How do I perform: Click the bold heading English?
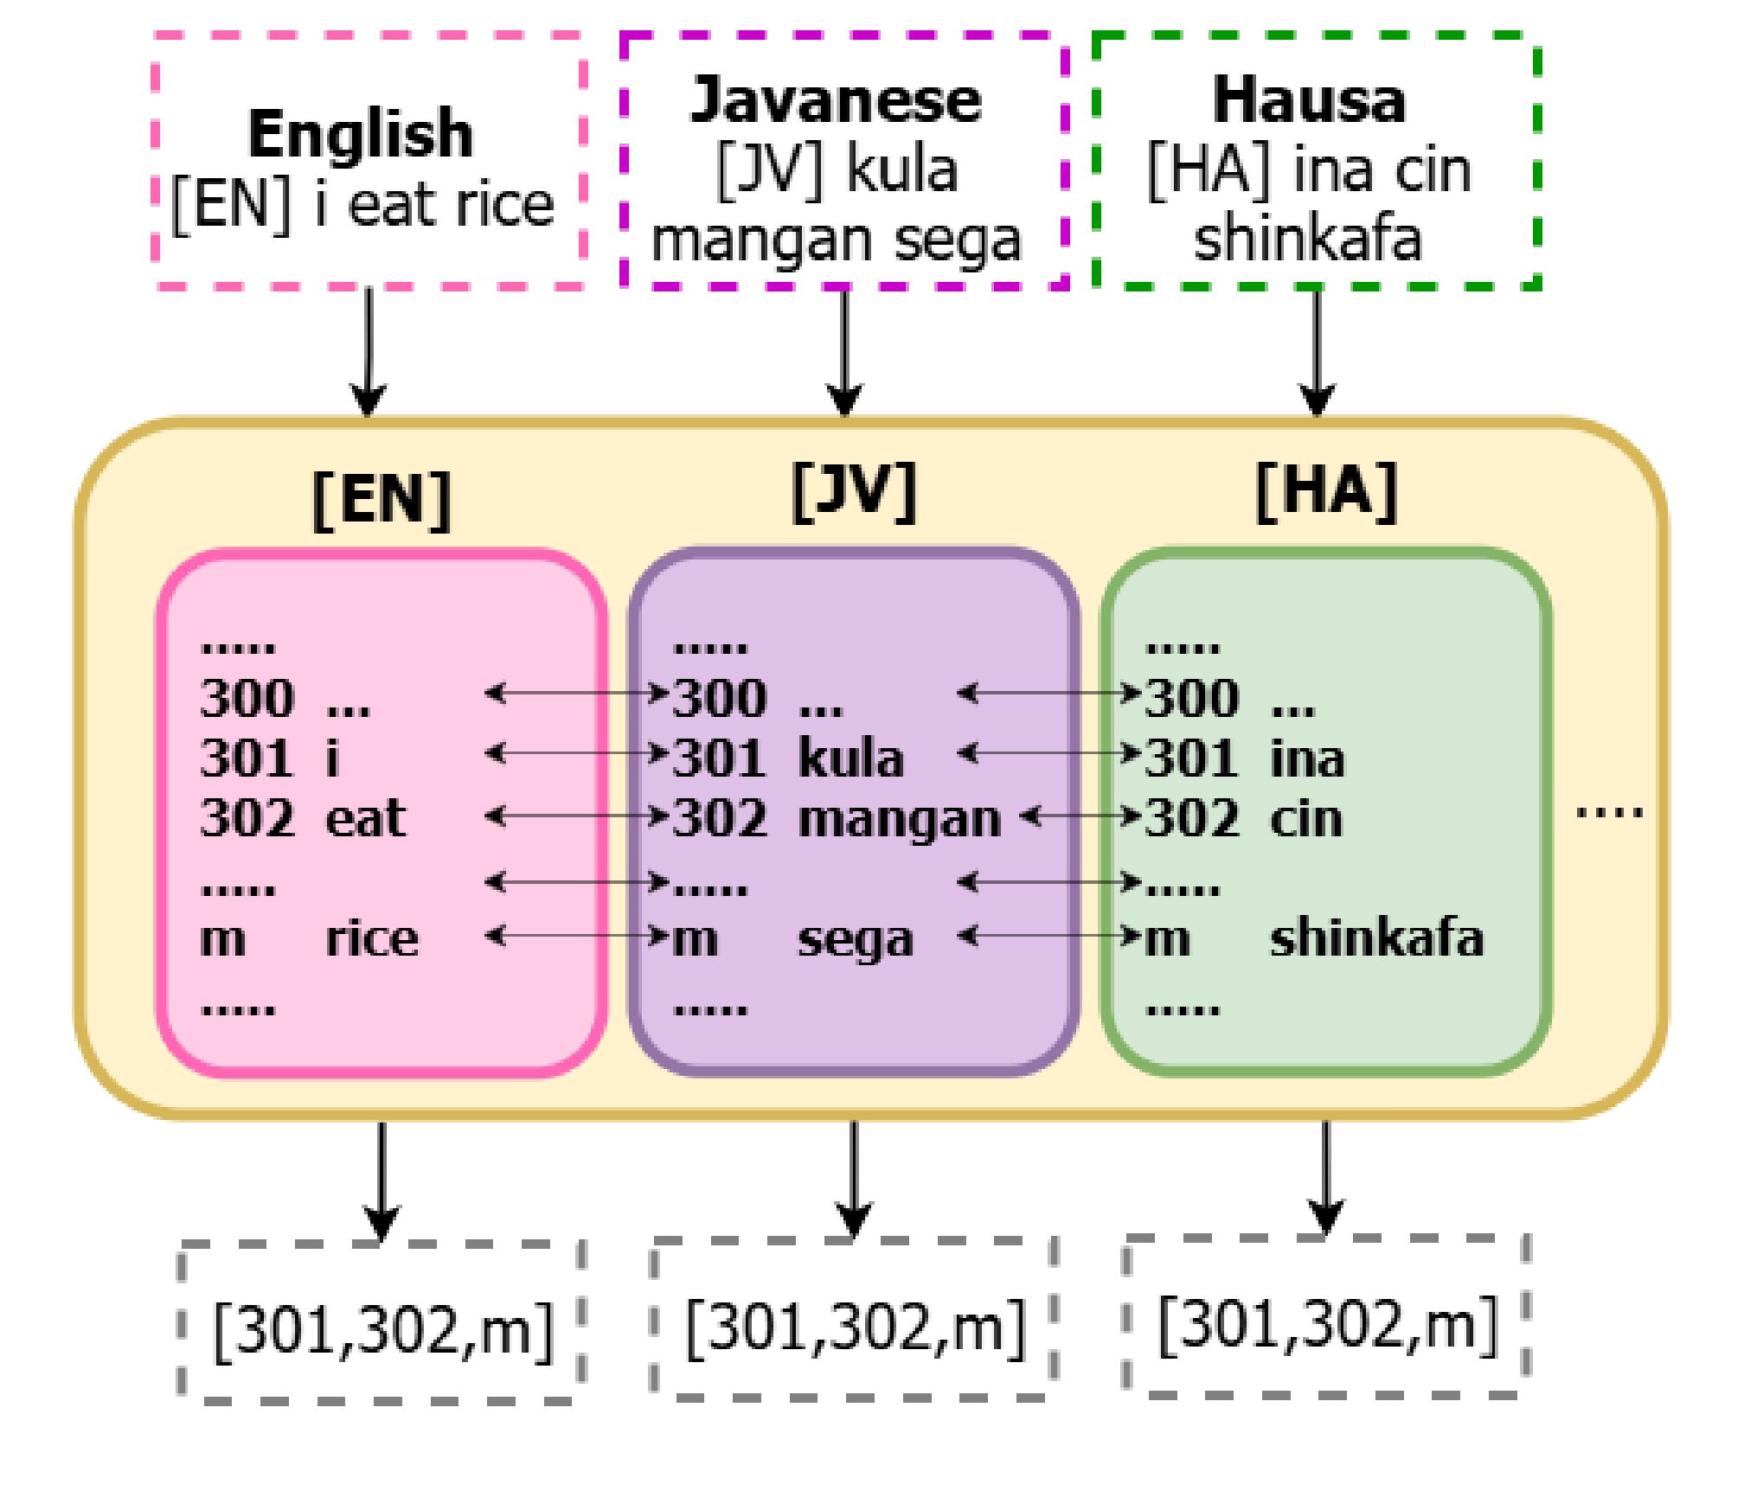click(x=361, y=134)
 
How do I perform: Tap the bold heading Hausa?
click(x=1309, y=100)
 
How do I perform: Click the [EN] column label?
click(x=381, y=499)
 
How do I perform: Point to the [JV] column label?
click(x=853, y=492)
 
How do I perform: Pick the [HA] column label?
click(x=1325, y=492)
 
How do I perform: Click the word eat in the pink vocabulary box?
click(x=365, y=818)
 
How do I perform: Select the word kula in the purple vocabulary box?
click(x=850, y=758)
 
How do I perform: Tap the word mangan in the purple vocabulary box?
click(x=899, y=818)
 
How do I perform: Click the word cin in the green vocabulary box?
click(x=1306, y=818)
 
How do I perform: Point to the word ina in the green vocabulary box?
click(x=1307, y=758)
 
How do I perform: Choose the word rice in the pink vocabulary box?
click(x=371, y=937)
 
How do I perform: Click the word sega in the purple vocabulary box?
click(x=855, y=939)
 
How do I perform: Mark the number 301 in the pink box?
click(x=247, y=758)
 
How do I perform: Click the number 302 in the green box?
click(x=1191, y=818)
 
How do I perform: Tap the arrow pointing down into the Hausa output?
click(x=1325, y=1177)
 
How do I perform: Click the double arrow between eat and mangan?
click(x=577, y=816)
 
